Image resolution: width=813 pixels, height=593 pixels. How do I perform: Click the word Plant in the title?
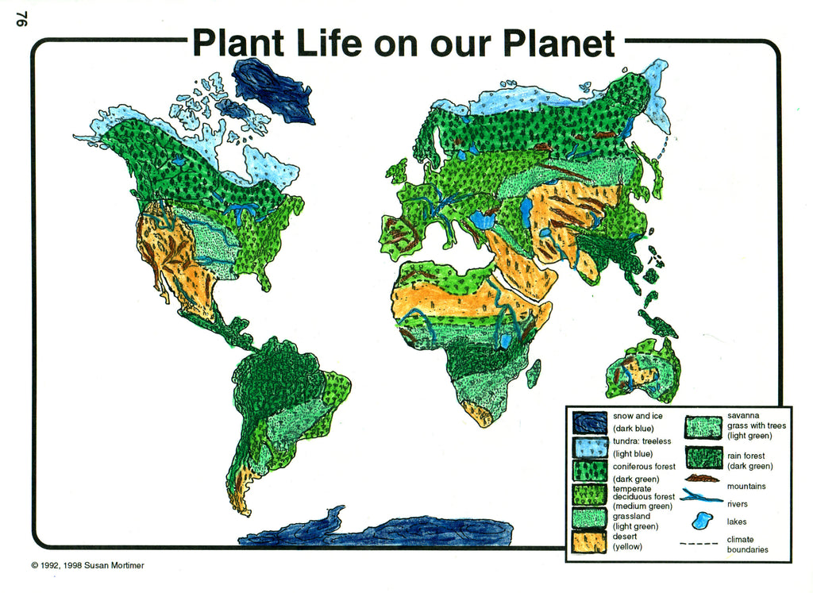tap(238, 44)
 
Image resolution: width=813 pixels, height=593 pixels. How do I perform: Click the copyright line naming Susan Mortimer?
tap(87, 566)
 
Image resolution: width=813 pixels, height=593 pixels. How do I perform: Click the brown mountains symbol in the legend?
tap(702, 479)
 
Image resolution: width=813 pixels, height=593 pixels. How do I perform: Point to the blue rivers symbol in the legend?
tap(701, 499)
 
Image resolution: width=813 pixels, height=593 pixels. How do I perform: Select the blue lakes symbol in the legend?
tap(700, 521)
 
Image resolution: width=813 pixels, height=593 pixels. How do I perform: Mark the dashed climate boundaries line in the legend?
tap(699, 544)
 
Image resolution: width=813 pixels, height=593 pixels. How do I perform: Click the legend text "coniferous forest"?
tap(644, 467)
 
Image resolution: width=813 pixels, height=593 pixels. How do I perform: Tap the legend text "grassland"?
tap(631, 516)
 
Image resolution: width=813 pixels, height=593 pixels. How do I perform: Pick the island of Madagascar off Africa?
tap(534, 373)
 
